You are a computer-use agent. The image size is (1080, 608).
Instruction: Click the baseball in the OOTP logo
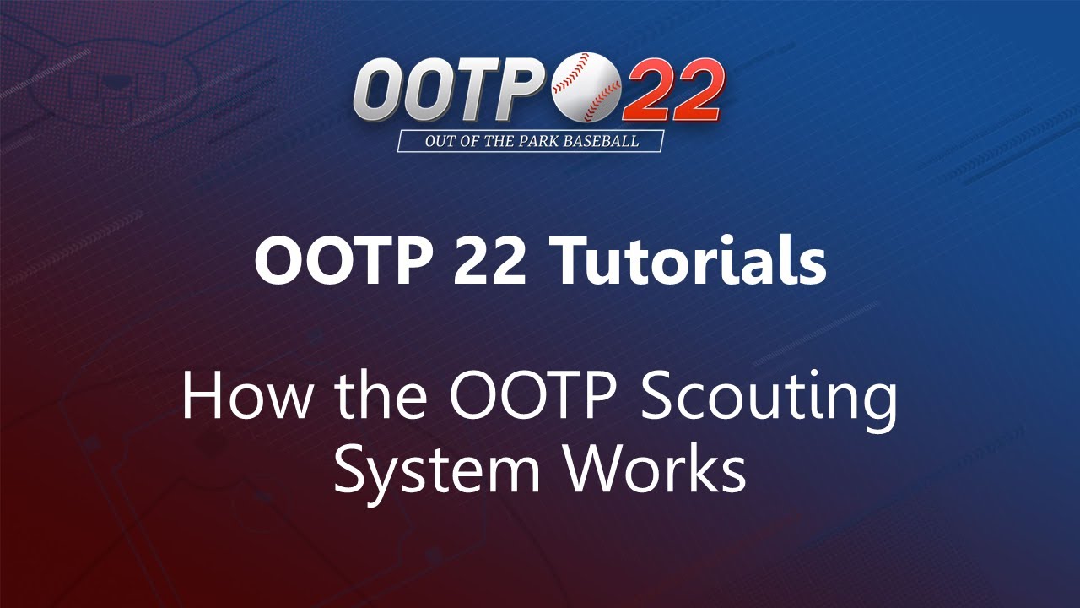point(586,87)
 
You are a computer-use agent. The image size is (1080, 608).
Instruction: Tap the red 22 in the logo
point(672,92)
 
